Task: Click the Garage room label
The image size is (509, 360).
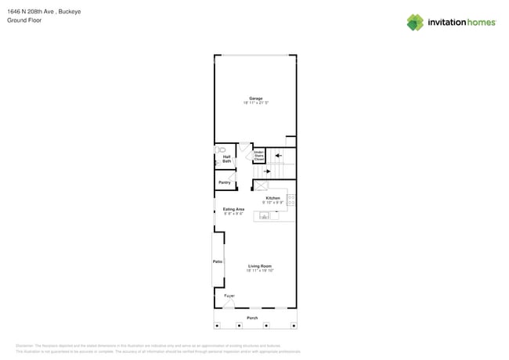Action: pyautogui.click(x=255, y=99)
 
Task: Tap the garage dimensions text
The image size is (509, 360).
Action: pyautogui.click(x=255, y=103)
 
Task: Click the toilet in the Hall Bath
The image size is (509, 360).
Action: pyautogui.click(x=222, y=149)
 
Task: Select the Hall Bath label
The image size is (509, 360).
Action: pyautogui.click(x=226, y=159)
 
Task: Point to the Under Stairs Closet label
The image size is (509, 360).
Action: pyautogui.click(x=258, y=156)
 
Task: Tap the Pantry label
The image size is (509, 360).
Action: pyautogui.click(x=225, y=182)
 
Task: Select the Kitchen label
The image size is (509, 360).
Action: pyautogui.click(x=273, y=198)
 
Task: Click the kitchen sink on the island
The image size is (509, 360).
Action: pyautogui.click(x=265, y=216)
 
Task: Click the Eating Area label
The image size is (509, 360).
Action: pyautogui.click(x=233, y=209)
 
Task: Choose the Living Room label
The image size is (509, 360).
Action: pyautogui.click(x=259, y=266)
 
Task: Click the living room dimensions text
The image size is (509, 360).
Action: pyautogui.click(x=259, y=271)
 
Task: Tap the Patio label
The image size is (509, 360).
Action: pyautogui.click(x=218, y=261)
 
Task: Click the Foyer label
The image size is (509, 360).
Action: pyautogui.click(x=229, y=296)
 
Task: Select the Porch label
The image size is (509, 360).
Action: pyautogui.click(x=252, y=318)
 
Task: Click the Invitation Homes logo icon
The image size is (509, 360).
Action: pyautogui.click(x=415, y=23)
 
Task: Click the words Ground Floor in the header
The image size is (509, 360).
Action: pyautogui.click(x=24, y=20)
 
